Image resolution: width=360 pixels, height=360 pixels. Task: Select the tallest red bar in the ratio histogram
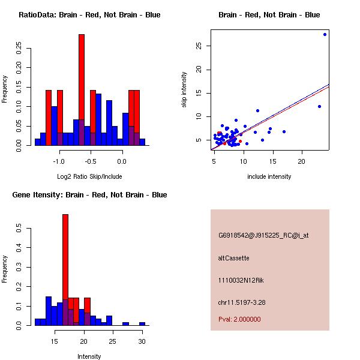[82, 90]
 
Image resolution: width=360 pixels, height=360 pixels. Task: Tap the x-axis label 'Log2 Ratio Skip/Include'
[89, 176]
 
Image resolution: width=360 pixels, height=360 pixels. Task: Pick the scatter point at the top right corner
[325, 34]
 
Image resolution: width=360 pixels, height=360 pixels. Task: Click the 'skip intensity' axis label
[184, 90]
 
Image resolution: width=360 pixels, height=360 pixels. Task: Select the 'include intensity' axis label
[269, 176]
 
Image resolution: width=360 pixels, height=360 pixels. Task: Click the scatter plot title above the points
[269, 14]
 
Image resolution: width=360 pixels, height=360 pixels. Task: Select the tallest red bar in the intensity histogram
[65, 269]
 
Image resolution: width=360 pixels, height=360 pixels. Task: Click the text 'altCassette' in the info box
[233, 258]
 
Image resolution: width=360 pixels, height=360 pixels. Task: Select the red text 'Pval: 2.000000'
[239, 319]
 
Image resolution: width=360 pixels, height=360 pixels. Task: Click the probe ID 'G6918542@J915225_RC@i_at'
[263, 236]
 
